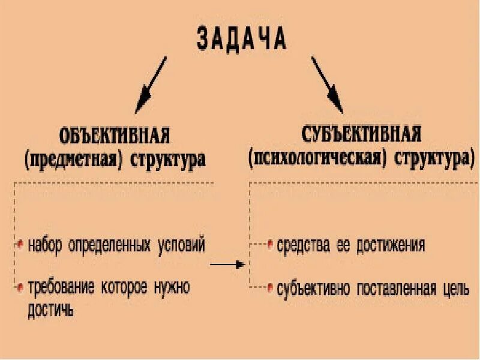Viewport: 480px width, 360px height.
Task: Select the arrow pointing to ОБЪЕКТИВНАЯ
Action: (x=151, y=84)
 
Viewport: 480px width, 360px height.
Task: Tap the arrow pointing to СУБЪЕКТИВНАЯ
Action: (x=326, y=84)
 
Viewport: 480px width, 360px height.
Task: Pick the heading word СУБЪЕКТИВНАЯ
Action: (x=361, y=134)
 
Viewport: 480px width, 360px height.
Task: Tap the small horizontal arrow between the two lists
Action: (x=228, y=264)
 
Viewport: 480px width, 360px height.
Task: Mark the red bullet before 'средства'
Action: (x=270, y=245)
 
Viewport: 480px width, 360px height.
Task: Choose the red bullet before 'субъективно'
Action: (x=270, y=287)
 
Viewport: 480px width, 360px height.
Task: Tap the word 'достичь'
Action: (x=50, y=310)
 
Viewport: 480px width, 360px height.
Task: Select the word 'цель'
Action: (x=455, y=289)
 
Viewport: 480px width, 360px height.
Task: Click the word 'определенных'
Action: (x=110, y=245)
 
